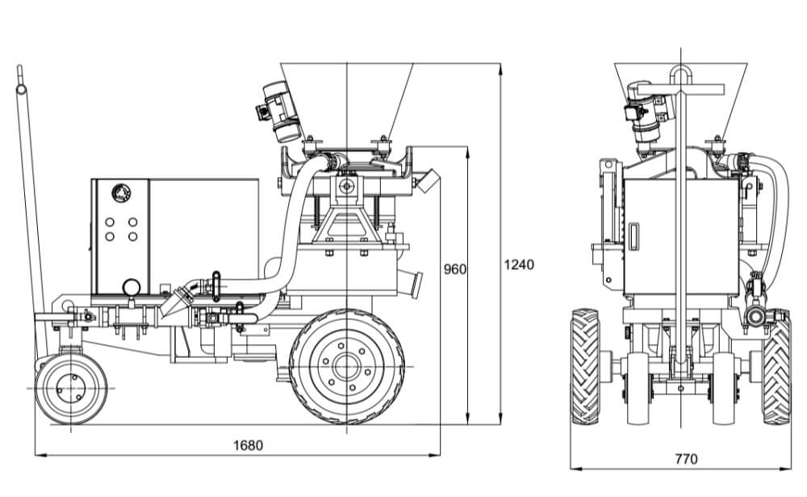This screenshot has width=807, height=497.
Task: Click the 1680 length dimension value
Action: pos(248,445)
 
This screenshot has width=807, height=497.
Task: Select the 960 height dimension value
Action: pos(455,269)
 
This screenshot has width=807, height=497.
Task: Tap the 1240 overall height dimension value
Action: pos(518,264)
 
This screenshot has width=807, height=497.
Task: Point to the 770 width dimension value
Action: pos(685,460)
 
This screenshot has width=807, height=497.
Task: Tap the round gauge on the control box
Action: pos(119,193)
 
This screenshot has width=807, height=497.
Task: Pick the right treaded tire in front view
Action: pos(776,368)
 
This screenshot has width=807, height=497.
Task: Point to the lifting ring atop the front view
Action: pos(682,75)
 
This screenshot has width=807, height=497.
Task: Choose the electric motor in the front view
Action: pos(646,113)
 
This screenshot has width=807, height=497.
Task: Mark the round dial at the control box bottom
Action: pos(129,287)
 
